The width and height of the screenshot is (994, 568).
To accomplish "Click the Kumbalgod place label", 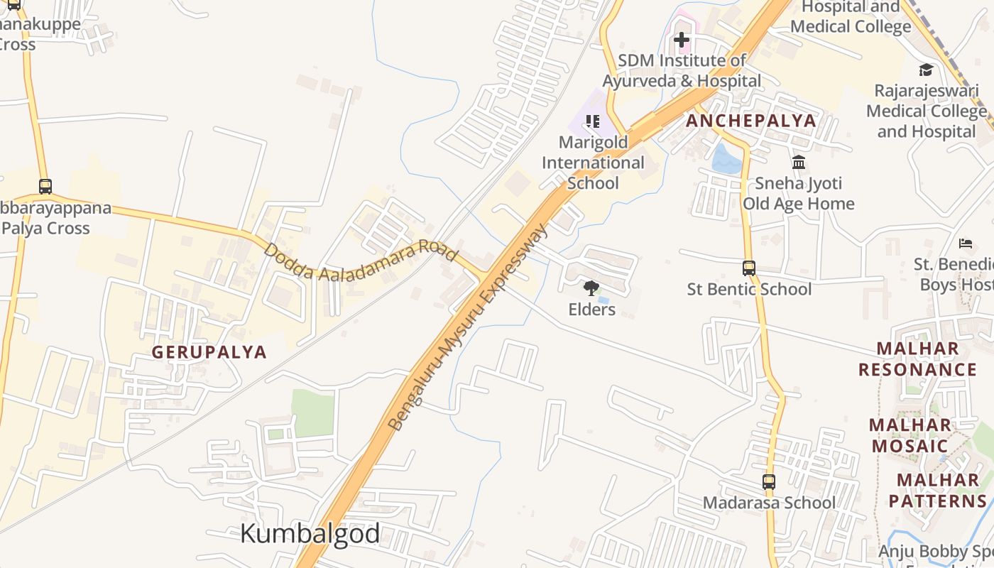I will click(310, 533).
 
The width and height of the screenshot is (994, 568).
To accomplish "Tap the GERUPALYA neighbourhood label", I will click(209, 352).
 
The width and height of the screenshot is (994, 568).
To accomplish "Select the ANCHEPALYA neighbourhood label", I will click(751, 121).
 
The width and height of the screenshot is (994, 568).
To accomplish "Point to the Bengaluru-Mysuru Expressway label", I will click(469, 327).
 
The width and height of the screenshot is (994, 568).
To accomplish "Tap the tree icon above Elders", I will click(591, 288).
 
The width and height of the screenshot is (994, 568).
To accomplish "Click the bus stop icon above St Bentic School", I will click(749, 268).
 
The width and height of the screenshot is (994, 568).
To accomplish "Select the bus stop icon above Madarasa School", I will click(769, 482).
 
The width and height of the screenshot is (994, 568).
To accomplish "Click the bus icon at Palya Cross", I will click(45, 187).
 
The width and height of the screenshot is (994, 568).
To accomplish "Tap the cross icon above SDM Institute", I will click(682, 40).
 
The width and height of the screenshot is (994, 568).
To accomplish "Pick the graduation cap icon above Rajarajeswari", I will click(926, 70).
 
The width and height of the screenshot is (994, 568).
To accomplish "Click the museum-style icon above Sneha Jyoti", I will click(799, 163).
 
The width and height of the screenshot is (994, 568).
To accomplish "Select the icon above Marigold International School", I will click(593, 121).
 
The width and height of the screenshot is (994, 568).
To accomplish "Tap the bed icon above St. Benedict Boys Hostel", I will click(966, 244).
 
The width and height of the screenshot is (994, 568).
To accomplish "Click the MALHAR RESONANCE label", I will click(917, 359).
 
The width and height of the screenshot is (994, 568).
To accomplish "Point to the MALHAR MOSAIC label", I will click(910, 435).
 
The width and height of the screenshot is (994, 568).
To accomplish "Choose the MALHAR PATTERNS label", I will click(938, 490).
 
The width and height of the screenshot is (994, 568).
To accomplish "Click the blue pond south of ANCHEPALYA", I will click(726, 160).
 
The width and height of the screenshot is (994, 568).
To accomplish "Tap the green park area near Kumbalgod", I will click(313, 413).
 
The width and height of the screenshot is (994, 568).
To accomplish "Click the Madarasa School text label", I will click(769, 503).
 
